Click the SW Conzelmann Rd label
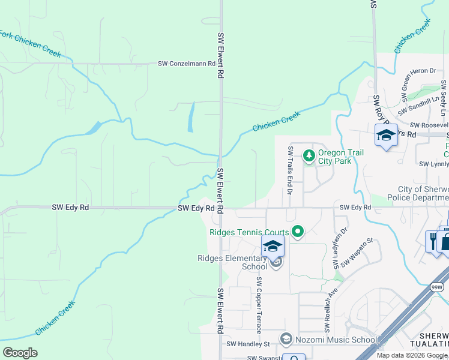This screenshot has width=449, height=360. tap(187, 63)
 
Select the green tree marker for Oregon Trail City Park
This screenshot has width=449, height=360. tap(309, 157)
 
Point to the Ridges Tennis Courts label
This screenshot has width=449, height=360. tap(249, 232)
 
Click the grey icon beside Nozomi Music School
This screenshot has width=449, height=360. tap(286, 340)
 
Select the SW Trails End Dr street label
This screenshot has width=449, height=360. tap(290, 170)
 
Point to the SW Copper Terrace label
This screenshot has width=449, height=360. tap(259, 305)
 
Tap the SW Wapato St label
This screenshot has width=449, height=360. tap(357, 253)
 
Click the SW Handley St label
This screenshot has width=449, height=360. tap(249, 344)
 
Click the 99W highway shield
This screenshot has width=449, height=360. tap(436, 287)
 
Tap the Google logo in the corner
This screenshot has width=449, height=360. tap(20, 353)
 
